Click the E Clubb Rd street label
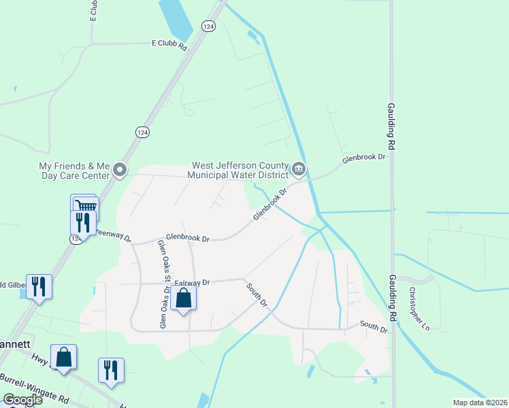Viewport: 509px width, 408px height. click(x=169, y=43)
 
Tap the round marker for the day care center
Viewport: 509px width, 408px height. click(x=120, y=169)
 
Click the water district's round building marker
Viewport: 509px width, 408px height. click(x=299, y=169)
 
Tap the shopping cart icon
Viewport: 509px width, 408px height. click(x=86, y=206)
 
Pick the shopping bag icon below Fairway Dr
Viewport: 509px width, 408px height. click(x=183, y=299)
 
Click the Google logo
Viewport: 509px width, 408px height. click(x=23, y=400)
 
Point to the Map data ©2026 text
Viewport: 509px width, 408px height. click(x=480, y=403)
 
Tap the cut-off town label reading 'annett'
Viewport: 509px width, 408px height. click(x=15, y=344)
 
